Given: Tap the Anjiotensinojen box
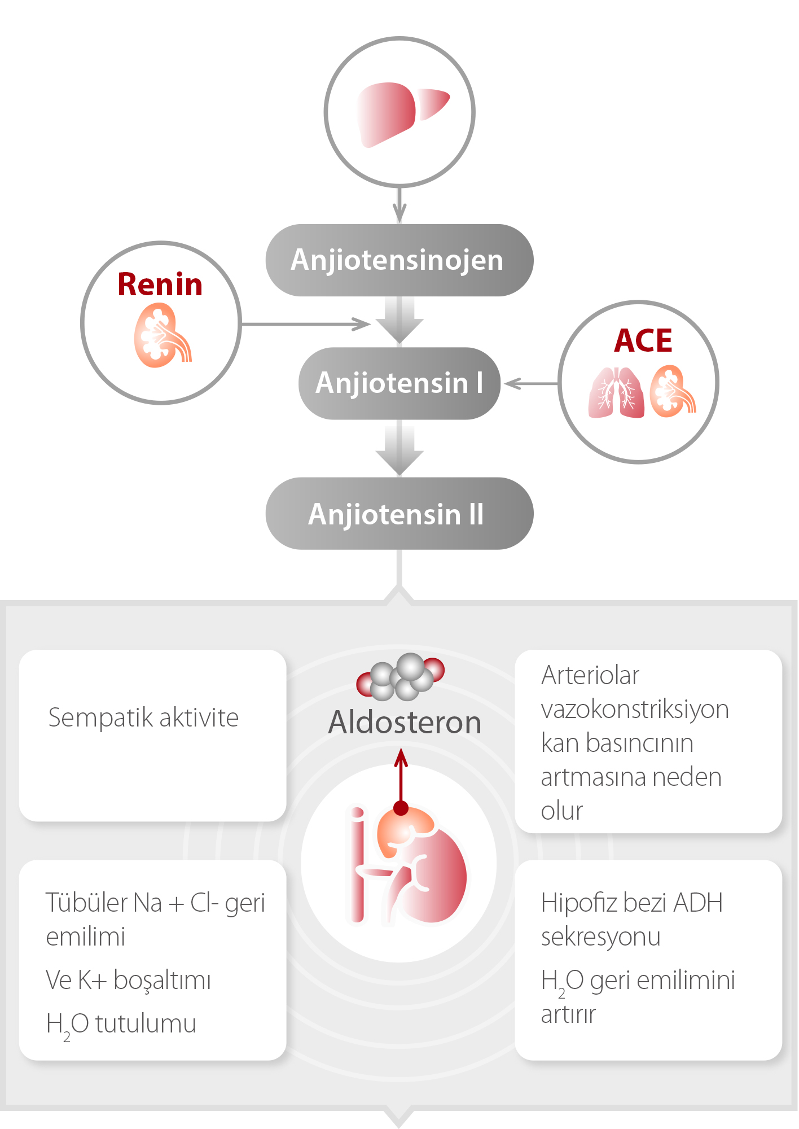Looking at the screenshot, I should (399, 260).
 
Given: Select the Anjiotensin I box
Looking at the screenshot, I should (399, 383).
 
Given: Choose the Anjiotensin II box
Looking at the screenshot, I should (399, 514).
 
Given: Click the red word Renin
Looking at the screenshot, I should (160, 285).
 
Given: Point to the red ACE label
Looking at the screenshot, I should (643, 340).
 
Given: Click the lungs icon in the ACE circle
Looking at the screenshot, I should (617, 392).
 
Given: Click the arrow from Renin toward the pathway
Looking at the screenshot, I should (305, 324).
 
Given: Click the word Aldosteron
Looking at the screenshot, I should (405, 723).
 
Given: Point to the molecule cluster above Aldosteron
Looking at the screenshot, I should (401, 676).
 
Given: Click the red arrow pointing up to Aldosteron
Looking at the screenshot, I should (401, 779).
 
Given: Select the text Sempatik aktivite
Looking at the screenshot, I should (144, 718).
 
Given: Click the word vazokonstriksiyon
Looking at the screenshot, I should (635, 710).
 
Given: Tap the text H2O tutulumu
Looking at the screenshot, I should (121, 1024).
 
